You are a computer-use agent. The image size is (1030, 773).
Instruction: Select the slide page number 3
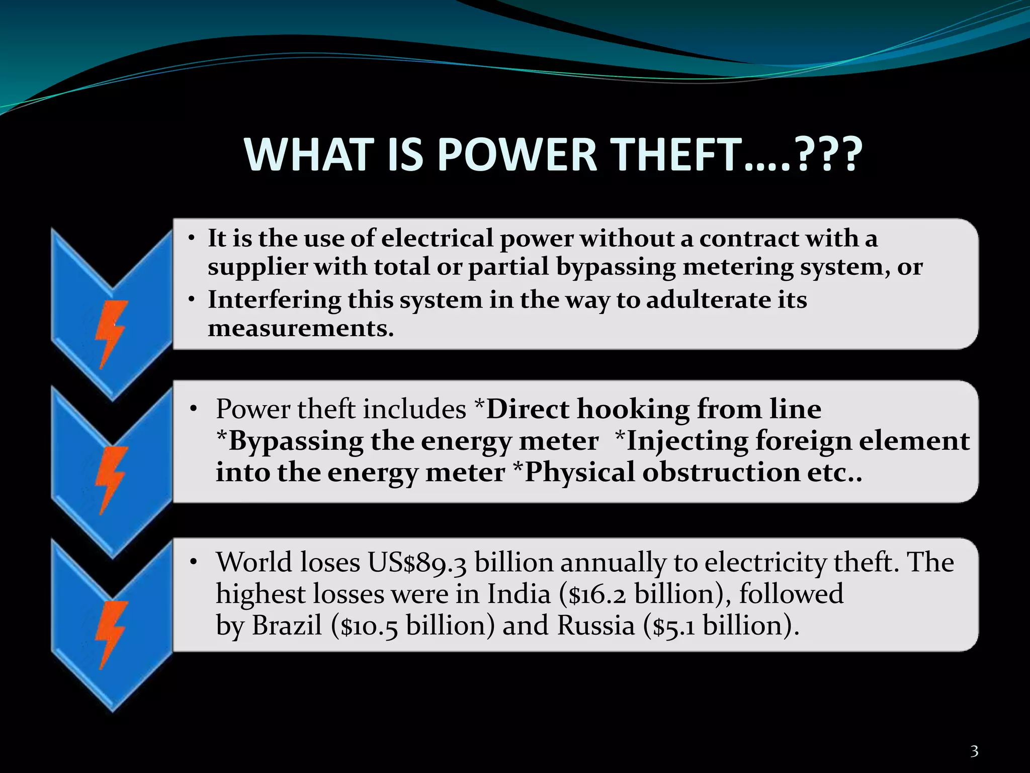[x=974, y=751]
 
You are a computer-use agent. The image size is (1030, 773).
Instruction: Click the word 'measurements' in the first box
[x=300, y=329]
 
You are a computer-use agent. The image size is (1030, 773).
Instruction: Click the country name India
[x=519, y=594]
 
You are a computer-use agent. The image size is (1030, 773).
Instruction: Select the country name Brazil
[x=287, y=626]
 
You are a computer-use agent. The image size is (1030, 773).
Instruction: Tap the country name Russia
[x=596, y=626]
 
